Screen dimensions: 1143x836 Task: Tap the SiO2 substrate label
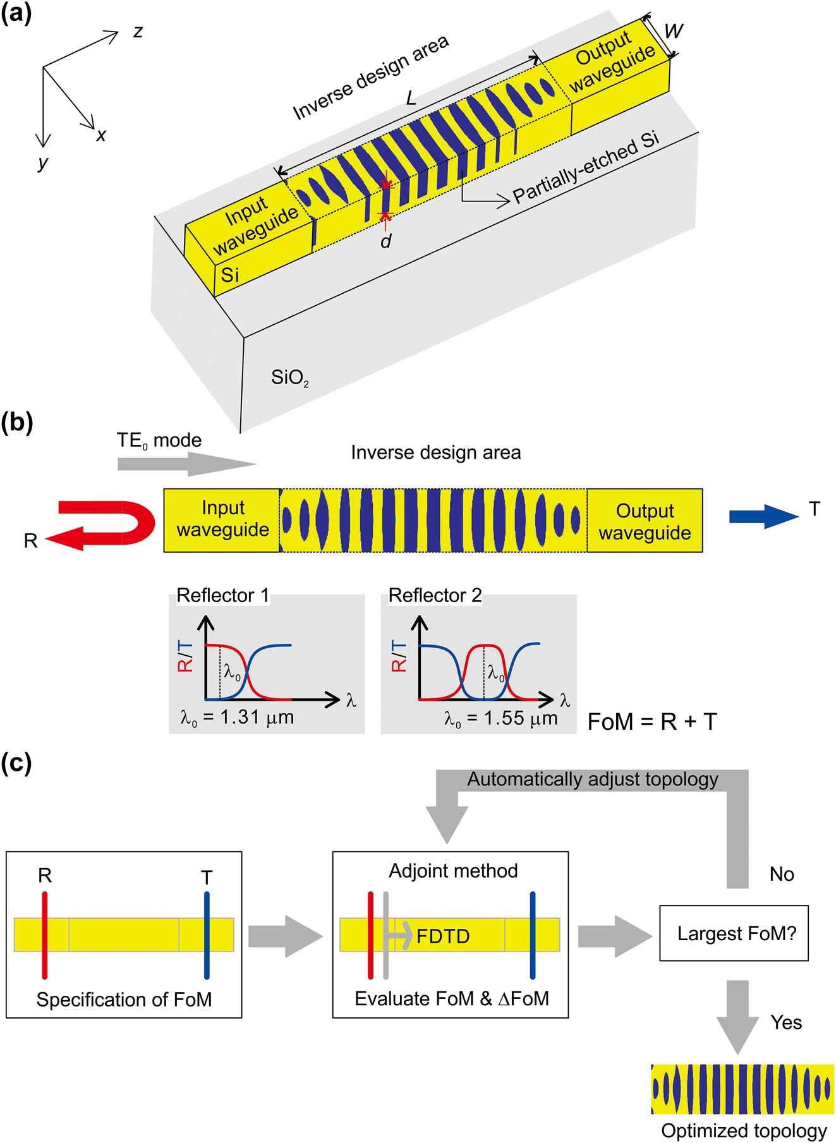pyautogui.click(x=290, y=378)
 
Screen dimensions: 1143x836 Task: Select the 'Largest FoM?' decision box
pyautogui.click(x=734, y=933)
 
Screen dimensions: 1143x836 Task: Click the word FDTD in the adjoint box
pyautogui.click(x=443, y=936)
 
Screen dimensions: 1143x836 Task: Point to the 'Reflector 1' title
pyautogui.click(x=222, y=595)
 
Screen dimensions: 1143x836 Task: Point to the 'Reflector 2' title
pyautogui.click(x=435, y=595)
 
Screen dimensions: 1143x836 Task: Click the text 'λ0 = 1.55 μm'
pyautogui.click(x=500, y=718)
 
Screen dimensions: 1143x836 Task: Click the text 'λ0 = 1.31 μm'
pyautogui.click(x=237, y=718)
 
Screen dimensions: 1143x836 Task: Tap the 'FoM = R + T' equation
pyautogui.click(x=652, y=722)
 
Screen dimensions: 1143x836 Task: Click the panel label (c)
pyautogui.click(x=16, y=763)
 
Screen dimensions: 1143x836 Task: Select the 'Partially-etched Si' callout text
pyautogui.click(x=585, y=169)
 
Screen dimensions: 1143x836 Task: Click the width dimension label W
pyautogui.click(x=674, y=31)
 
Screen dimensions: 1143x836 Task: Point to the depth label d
pyautogui.click(x=386, y=241)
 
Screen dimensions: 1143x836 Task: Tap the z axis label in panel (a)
pyautogui.click(x=138, y=32)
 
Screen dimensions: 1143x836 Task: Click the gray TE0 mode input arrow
pyautogui.click(x=186, y=464)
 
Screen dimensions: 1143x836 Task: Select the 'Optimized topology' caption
pyautogui.click(x=743, y=1130)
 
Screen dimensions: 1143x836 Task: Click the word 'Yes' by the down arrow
pyautogui.click(x=786, y=1022)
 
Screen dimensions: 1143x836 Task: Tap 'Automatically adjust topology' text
pyautogui.click(x=592, y=780)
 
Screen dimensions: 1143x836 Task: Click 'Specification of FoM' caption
pyautogui.click(x=124, y=999)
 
